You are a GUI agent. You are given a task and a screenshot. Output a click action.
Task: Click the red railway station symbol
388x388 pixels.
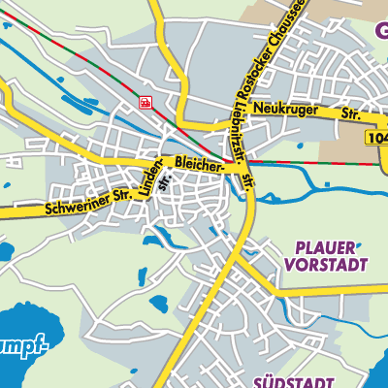(145, 102)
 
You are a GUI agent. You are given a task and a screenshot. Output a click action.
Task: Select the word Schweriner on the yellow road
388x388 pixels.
(76, 203)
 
